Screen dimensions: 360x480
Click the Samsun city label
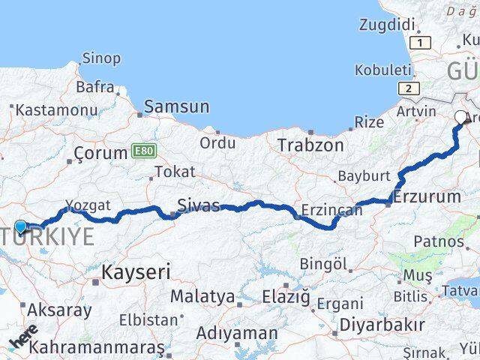176,107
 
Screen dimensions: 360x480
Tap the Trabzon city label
310,145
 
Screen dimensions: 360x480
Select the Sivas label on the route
199,205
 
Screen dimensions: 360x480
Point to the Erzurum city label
427,197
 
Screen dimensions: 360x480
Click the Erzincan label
331,210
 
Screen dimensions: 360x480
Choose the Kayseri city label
136,271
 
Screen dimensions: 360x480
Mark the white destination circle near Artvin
460,116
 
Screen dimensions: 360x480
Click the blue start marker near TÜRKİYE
20,226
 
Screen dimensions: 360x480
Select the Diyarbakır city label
382,325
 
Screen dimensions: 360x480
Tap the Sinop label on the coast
100,58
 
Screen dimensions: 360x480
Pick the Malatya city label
202,296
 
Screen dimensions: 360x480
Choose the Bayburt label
364,175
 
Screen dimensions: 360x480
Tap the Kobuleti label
382,70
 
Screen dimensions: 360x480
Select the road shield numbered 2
408,88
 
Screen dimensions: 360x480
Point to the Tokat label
175,172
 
